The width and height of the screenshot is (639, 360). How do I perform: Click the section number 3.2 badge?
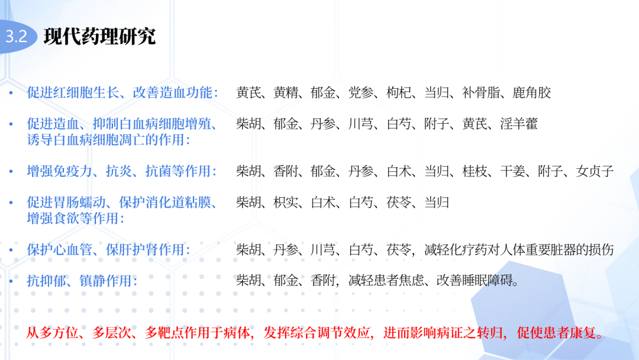click(17, 36)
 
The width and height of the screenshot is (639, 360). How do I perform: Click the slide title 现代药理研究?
click(99, 36)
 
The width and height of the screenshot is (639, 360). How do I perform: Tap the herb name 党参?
click(361, 92)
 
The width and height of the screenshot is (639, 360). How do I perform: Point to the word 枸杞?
click(399, 92)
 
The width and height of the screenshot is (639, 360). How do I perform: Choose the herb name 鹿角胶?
click(531, 92)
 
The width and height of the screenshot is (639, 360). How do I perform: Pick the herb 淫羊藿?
click(518, 124)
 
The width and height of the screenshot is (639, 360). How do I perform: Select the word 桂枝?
click(475, 172)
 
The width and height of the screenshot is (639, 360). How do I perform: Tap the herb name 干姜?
click(512, 172)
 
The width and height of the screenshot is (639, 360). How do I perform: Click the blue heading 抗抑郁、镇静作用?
click(82, 281)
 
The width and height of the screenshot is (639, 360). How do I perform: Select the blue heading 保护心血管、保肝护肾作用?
click(108, 250)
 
